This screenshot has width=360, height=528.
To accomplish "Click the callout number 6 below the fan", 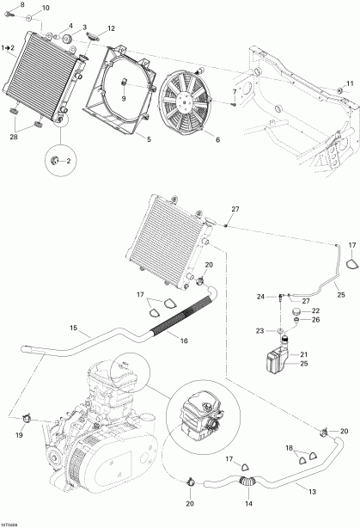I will click(217, 140).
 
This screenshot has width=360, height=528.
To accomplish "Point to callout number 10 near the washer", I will click(46, 8).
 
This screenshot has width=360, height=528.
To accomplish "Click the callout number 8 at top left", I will click(11, 5).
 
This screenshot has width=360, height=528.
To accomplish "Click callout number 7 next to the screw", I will click(234, 91).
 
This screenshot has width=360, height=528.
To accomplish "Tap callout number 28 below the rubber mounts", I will click(13, 138).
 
